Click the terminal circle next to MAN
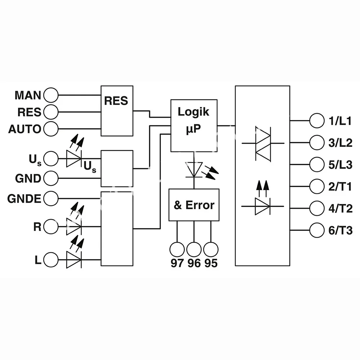50,95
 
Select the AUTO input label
25,129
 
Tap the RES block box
117,111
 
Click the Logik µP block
194,125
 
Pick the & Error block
194,205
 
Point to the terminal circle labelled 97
177,249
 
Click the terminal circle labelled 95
211,249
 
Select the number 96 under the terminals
194,263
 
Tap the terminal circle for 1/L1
317,121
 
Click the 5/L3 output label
340,164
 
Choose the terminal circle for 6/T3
317,230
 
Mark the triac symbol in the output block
263,143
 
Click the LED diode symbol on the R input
74,226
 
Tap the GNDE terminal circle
50,198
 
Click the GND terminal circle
50,178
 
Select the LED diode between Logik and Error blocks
194,169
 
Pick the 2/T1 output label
340,186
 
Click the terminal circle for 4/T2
317,208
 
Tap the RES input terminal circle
50,112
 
